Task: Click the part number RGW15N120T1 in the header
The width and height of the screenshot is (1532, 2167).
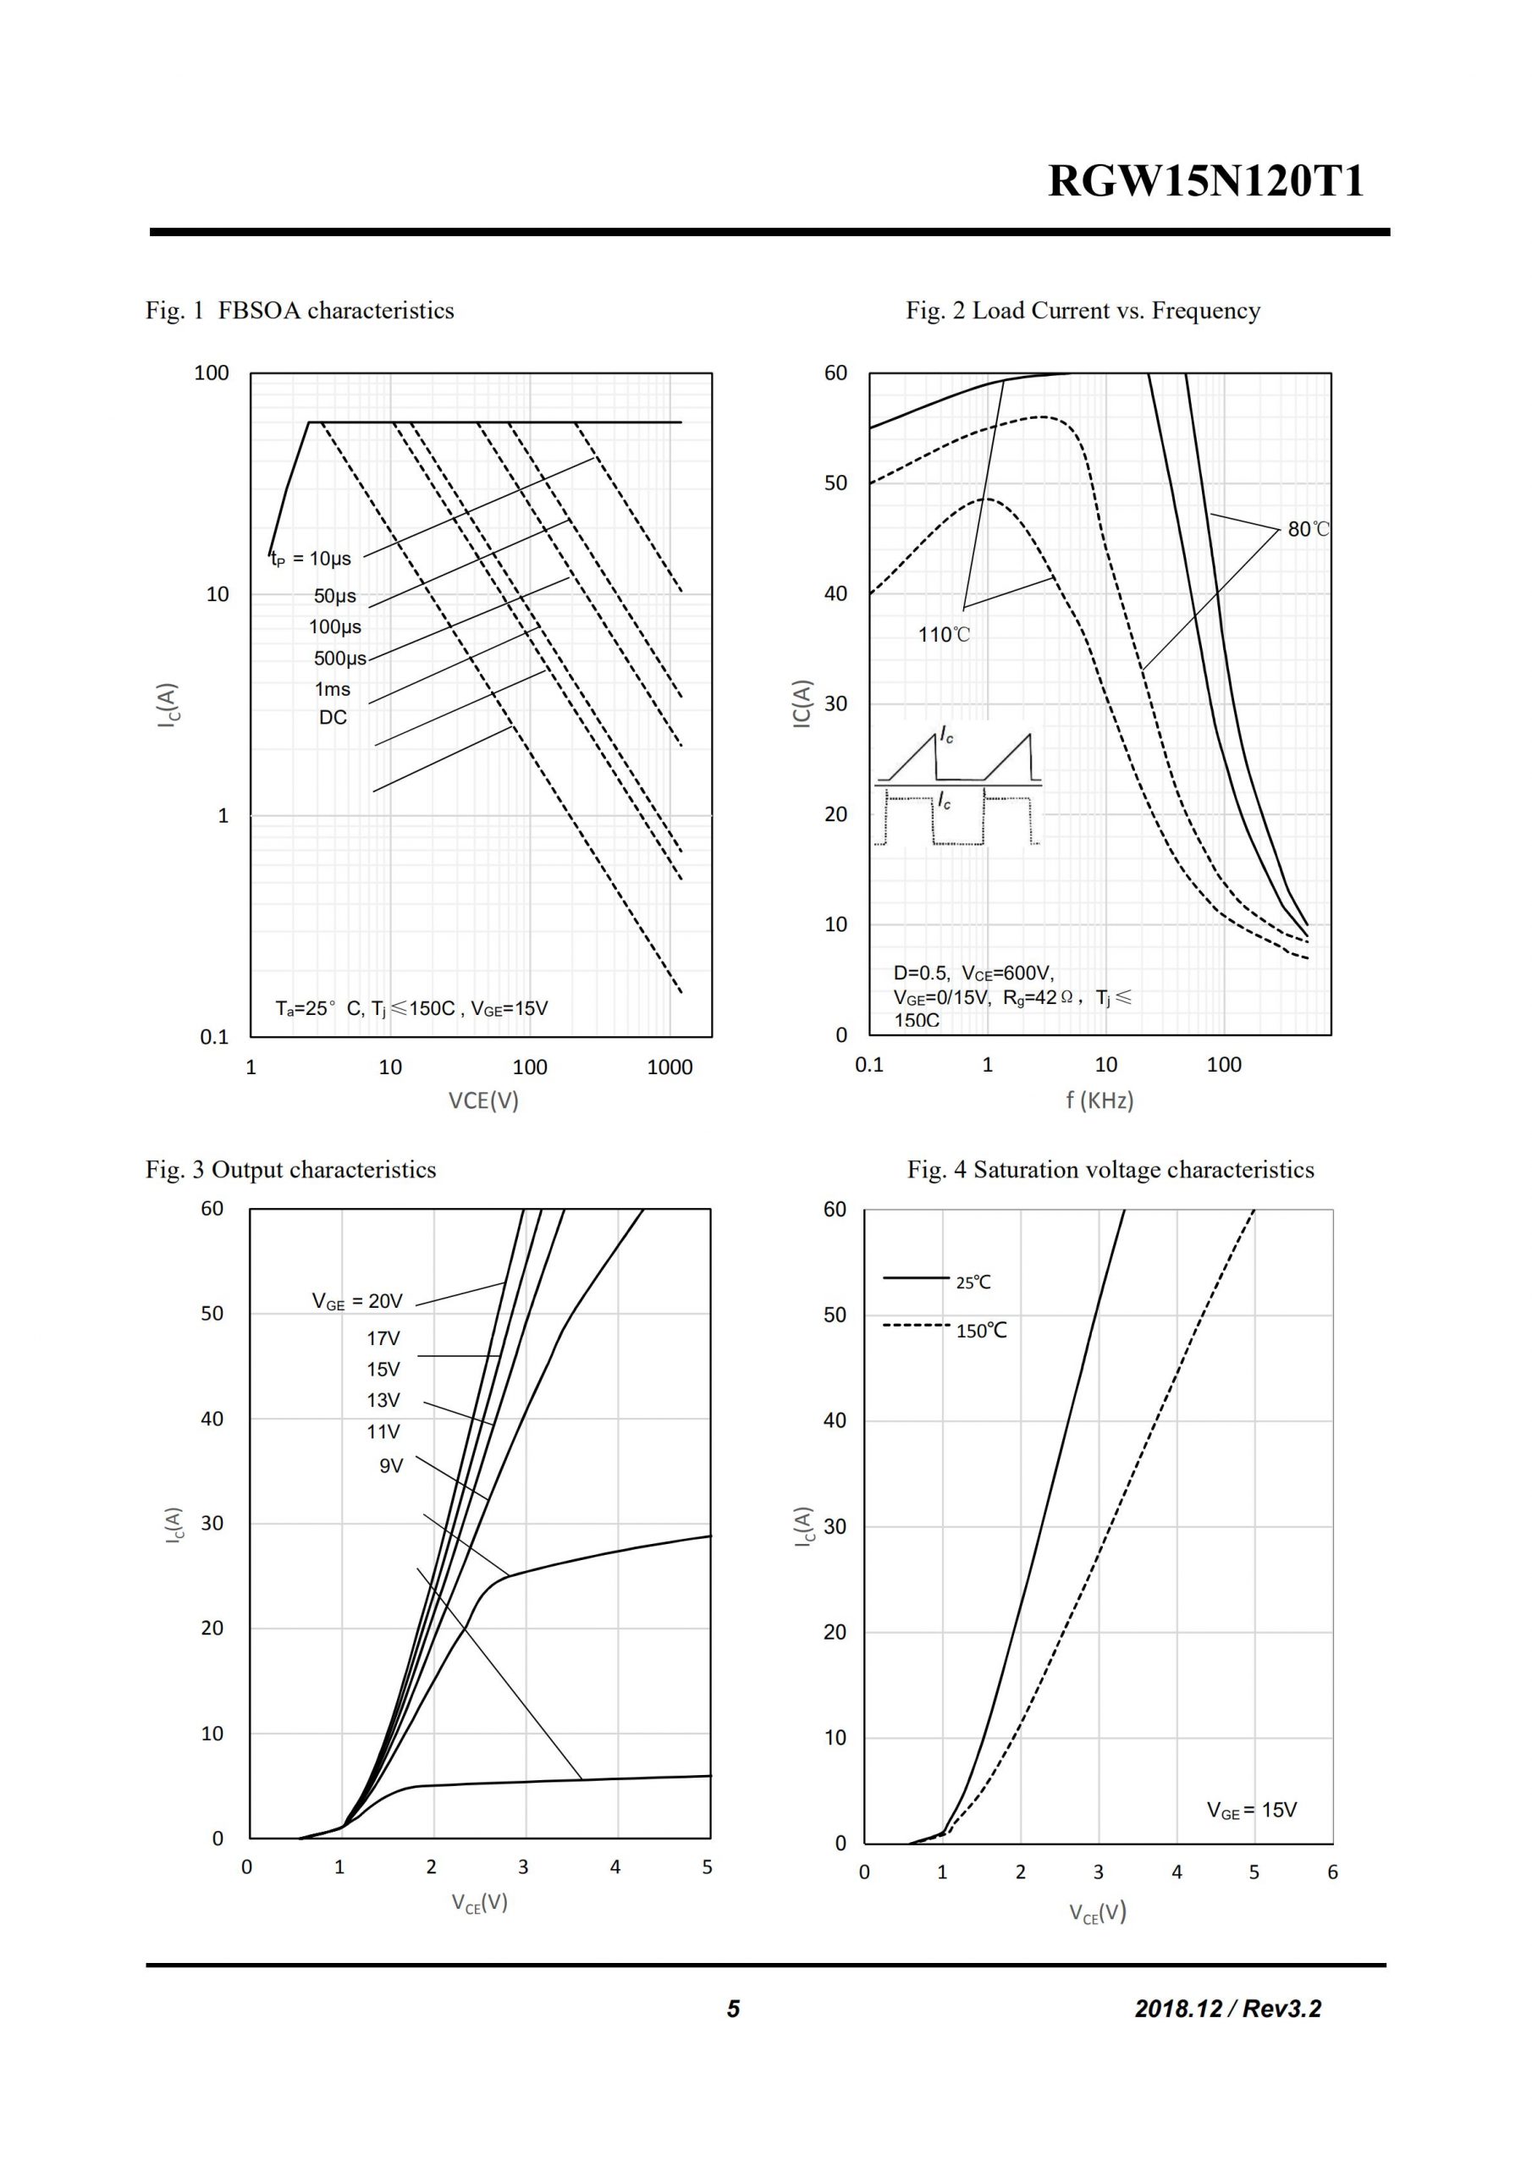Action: tap(1205, 181)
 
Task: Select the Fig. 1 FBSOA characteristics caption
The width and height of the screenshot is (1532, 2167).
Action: tap(300, 311)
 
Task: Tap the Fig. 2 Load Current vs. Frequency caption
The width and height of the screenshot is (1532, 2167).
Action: tap(1083, 311)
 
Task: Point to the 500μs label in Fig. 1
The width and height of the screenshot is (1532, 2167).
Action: tap(339, 658)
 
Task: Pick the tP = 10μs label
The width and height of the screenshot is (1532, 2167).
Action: tap(311, 559)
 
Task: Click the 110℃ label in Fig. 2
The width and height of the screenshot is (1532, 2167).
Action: tap(943, 634)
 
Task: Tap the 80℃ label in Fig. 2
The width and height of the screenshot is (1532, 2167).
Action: tap(1308, 530)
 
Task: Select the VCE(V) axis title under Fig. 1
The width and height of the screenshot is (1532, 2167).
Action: tap(483, 1100)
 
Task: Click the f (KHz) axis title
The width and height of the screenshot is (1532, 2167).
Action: tap(1099, 1100)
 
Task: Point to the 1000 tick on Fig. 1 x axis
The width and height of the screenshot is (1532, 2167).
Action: tap(670, 1067)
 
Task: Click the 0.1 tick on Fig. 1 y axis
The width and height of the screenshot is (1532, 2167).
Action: tap(214, 1037)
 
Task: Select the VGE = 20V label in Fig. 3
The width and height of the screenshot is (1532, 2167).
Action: tap(357, 1302)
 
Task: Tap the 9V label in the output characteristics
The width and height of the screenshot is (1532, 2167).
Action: tap(391, 1466)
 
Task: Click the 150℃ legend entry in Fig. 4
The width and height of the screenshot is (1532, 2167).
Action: tap(981, 1331)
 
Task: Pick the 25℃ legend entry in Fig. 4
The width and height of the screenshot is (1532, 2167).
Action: tap(973, 1282)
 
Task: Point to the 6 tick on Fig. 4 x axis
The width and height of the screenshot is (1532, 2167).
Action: tap(1332, 1872)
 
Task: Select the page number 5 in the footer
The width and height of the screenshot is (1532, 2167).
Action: tap(734, 2009)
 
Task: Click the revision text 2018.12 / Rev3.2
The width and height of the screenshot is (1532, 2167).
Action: tap(1227, 2009)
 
